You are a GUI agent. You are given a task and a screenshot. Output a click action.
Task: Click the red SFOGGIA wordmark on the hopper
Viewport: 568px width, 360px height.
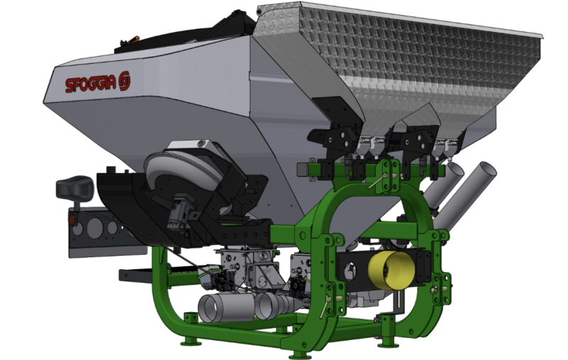point(91,84)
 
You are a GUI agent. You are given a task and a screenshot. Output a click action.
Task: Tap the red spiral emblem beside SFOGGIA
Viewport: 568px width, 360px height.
point(124,82)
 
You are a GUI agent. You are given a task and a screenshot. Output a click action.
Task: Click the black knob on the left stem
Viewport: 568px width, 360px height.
point(75,187)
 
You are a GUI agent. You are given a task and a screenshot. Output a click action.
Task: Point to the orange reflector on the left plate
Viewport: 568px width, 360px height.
point(72,219)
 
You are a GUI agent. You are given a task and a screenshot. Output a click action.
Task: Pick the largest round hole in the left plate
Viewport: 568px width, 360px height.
point(94,228)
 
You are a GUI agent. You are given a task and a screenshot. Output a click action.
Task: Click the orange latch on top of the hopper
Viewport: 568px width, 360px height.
point(132,39)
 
